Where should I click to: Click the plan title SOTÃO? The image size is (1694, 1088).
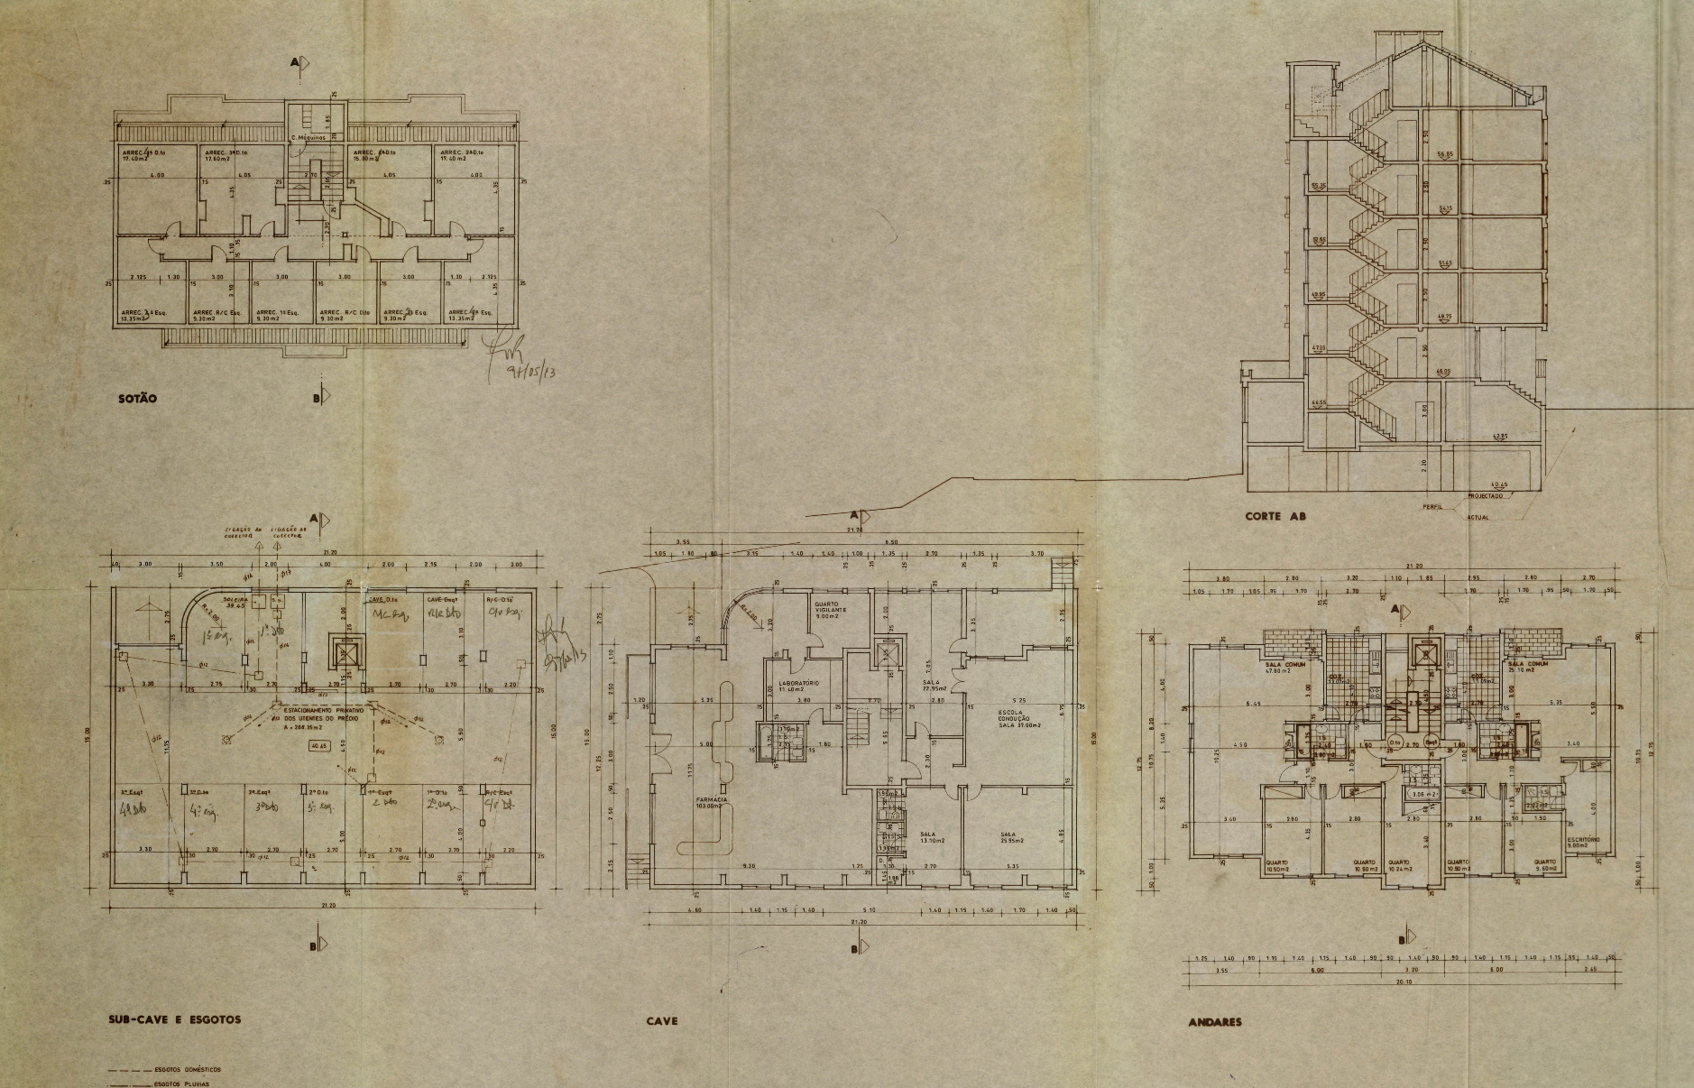click(138, 398)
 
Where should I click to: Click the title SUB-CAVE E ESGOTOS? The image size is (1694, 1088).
click(174, 1019)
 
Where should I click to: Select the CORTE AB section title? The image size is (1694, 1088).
click(1275, 517)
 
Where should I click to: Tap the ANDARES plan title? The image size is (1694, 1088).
click(1215, 1022)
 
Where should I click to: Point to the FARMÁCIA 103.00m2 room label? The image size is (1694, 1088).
click(711, 803)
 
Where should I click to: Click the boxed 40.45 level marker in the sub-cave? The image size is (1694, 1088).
click(319, 746)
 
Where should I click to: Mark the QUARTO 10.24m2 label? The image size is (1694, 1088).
click(1399, 865)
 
